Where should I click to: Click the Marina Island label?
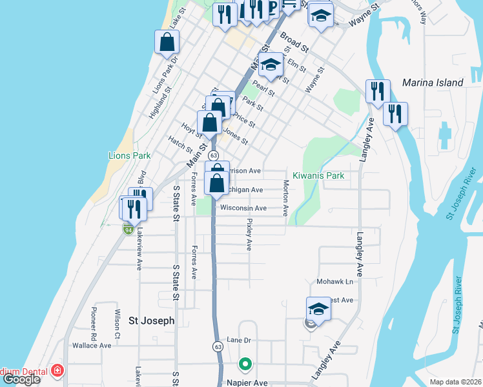click(432, 83)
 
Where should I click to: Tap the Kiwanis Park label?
click(318, 175)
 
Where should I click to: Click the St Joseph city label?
click(151, 320)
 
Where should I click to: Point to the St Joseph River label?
click(455, 310)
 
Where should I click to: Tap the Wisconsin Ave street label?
click(243, 208)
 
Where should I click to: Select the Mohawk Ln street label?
click(335, 282)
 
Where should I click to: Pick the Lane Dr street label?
click(238, 340)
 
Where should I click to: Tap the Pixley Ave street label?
click(249, 233)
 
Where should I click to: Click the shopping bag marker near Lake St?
click(167, 42)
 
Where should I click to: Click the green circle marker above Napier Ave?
click(245, 365)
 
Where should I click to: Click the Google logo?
click(22, 380)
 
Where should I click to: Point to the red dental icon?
click(57, 371)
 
